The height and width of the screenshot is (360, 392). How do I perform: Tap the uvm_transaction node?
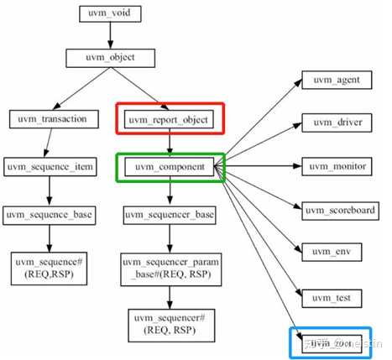50,119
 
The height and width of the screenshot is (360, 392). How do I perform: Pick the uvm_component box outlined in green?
171,168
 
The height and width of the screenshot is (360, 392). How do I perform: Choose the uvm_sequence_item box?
50,167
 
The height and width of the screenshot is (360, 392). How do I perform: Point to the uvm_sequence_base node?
50,214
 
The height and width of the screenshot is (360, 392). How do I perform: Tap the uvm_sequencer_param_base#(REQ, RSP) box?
171,269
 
